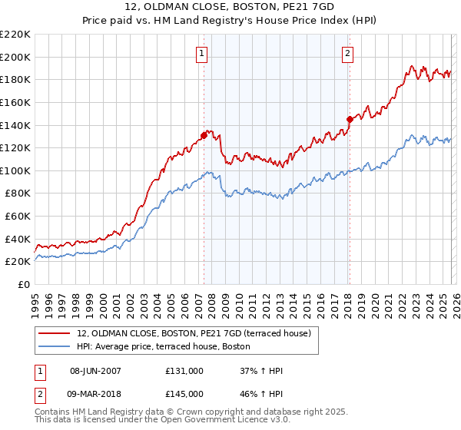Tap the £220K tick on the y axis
(15, 35)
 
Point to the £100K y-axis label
(15, 170)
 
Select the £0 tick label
(23, 284)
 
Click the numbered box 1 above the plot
(201, 53)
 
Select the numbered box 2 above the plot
(348, 53)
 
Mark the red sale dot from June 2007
(204, 135)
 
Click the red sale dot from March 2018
(350, 119)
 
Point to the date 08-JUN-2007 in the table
(95, 371)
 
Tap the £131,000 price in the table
(184, 371)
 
